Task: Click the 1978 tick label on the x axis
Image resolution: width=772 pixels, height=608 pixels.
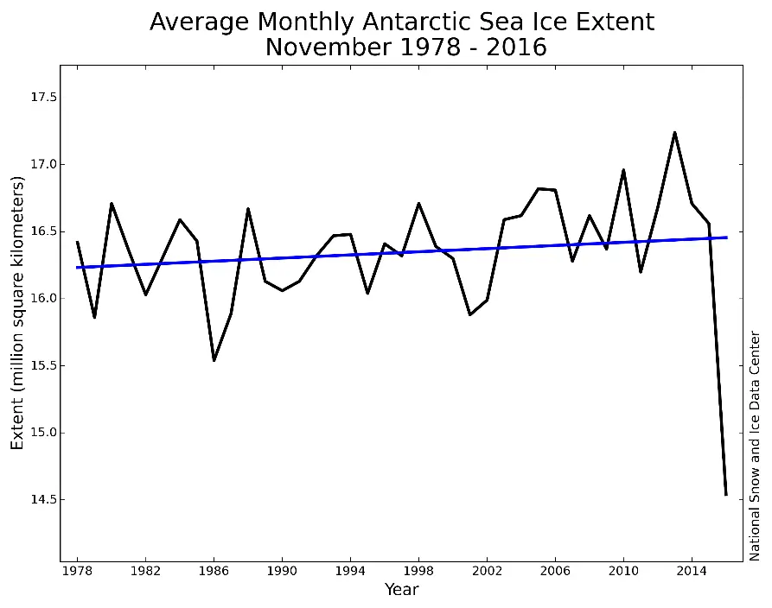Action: pos(77,572)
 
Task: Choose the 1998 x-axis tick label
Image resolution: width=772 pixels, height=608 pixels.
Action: pos(418,572)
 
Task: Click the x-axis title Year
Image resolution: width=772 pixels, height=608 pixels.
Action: pos(401,591)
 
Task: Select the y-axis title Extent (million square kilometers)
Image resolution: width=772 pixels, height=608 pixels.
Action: pos(18,312)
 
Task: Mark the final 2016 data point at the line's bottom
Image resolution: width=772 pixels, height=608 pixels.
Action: pos(726,495)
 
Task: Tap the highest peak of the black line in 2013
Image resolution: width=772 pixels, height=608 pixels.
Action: pos(674,132)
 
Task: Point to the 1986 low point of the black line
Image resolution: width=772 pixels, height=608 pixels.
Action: pos(214,360)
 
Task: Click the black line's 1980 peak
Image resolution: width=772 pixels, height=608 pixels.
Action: pos(112,204)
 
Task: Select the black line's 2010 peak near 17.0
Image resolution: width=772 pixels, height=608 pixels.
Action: pos(623,170)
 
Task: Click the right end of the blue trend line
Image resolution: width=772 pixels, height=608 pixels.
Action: pos(726,237)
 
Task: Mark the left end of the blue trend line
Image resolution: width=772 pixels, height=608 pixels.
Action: pos(78,267)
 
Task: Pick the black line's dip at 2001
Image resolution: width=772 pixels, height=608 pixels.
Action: pos(469,314)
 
